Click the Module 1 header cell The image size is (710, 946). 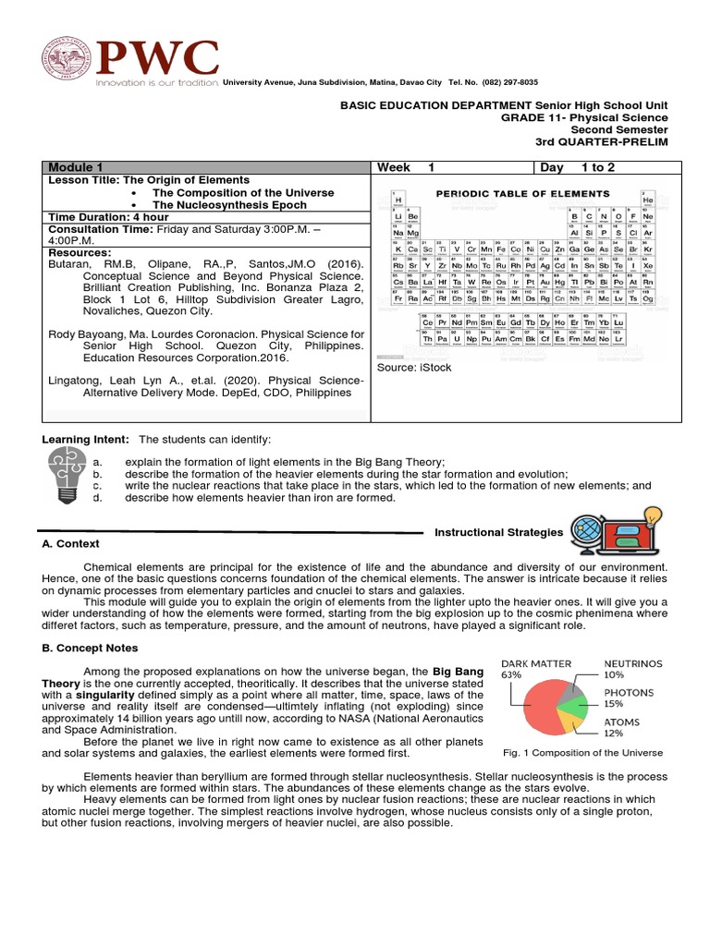click(x=74, y=167)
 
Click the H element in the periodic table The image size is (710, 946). click(x=398, y=200)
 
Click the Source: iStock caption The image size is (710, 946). click(x=410, y=368)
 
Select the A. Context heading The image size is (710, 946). click(x=71, y=544)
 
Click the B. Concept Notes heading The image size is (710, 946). click(x=90, y=648)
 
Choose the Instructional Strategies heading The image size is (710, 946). click(x=498, y=532)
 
